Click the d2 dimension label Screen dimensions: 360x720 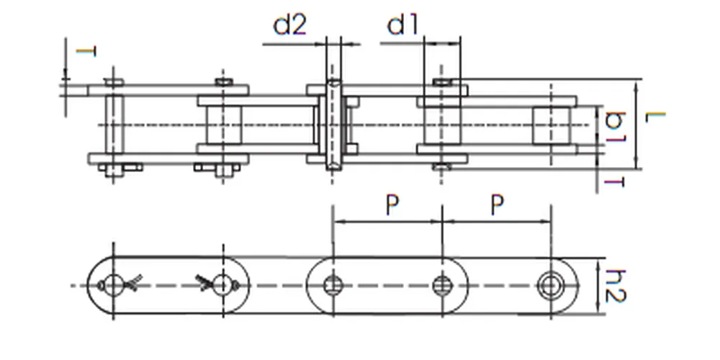290,25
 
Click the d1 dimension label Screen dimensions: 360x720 403,25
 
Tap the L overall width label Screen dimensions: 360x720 655,117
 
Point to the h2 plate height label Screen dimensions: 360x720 614,286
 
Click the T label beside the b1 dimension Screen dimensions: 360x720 613,182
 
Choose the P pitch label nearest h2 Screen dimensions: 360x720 497,206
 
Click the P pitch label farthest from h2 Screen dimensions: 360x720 391,206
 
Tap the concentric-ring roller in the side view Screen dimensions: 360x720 551,286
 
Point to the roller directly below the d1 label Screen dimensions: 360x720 441,125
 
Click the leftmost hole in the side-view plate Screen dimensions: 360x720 114,286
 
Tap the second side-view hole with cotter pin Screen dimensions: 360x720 223,286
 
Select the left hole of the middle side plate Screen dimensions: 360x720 333,286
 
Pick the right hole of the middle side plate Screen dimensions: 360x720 441,286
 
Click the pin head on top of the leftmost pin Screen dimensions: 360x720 114,81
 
